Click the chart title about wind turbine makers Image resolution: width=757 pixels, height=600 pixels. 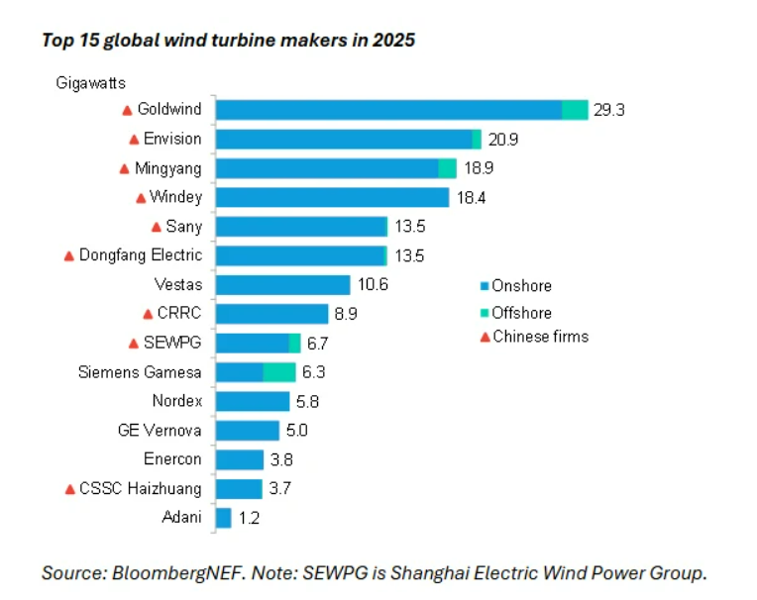pyautogui.click(x=228, y=42)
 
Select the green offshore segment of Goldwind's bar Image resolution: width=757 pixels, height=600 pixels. pyautogui.click(x=575, y=110)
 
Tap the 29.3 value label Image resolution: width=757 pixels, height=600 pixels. pyautogui.click(x=608, y=110)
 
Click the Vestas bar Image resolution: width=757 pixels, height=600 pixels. pyautogui.click(x=282, y=285)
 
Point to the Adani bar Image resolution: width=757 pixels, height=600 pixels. pyautogui.click(x=223, y=518)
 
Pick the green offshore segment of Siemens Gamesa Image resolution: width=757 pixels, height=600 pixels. pyautogui.click(x=279, y=372)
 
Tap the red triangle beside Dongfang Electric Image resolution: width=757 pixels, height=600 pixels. pyautogui.click(x=69, y=256)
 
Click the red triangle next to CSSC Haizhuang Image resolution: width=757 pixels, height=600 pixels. pyautogui.click(x=69, y=489)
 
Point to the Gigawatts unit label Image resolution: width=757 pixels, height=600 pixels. pyautogui.click(x=90, y=82)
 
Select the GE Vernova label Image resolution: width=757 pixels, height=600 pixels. pyautogui.click(x=160, y=431)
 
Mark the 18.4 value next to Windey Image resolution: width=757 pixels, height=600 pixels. pyautogui.click(x=470, y=198)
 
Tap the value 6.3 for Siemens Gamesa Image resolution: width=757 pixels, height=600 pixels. pyautogui.click(x=314, y=372)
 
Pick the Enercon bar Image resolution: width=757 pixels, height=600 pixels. pyautogui.click(x=239, y=459)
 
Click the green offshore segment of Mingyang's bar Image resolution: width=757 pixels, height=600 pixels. pyautogui.click(x=447, y=168)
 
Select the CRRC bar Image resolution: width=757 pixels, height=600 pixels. pyautogui.click(x=271, y=314)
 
